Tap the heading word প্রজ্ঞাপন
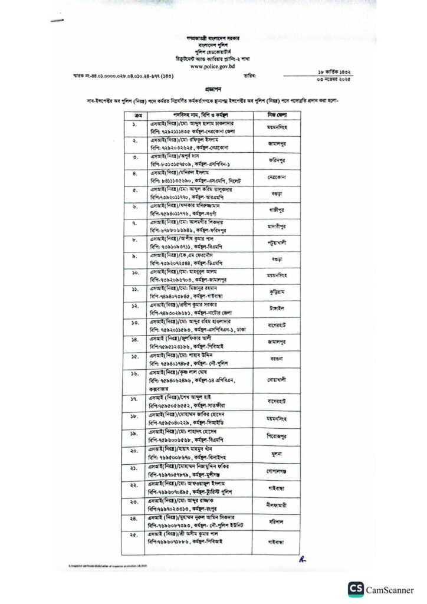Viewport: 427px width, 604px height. pos(213,84)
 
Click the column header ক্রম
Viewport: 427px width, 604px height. pos(137,112)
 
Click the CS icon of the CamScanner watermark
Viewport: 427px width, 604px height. pos(356,589)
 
